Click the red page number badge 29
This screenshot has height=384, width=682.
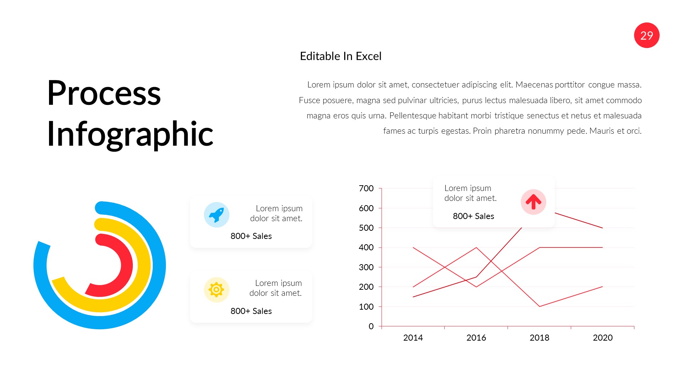click(x=646, y=35)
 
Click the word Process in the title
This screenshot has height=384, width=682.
click(x=104, y=93)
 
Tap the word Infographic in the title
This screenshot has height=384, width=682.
click(x=130, y=134)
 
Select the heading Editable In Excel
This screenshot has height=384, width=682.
click(x=340, y=56)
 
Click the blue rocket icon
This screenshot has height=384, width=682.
click(x=216, y=215)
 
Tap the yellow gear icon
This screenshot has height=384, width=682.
click(x=216, y=290)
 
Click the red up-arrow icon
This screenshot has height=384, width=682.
click(x=533, y=202)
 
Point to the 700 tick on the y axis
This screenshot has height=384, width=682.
click(x=366, y=188)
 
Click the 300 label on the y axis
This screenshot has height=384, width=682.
click(x=366, y=267)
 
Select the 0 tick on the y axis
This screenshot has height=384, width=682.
click(x=371, y=326)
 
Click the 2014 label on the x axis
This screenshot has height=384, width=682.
click(x=413, y=338)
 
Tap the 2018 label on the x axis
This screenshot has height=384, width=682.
click(x=539, y=338)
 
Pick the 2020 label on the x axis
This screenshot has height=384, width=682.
click(x=602, y=338)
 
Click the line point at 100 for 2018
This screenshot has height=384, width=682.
click(x=539, y=306)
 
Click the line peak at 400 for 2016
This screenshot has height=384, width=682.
click(x=476, y=247)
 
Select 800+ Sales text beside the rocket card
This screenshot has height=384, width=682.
click(x=251, y=236)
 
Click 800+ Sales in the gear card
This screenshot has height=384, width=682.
click(x=251, y=311)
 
